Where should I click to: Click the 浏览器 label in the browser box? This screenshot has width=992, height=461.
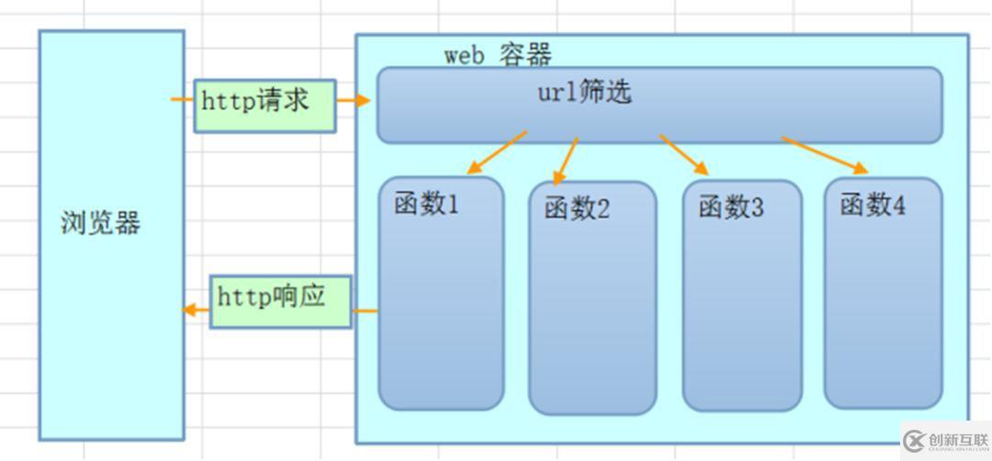click(x=101, y=222)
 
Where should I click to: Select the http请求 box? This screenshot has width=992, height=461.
click(x=265, y=105)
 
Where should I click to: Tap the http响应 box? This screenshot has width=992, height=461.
click(x=281, y=301)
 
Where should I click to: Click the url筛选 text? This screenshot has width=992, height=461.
click(x=584, y=93)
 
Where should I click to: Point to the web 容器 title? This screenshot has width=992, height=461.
click(x=498, y=54)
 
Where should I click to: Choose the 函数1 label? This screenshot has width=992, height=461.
click(x=426, y=204)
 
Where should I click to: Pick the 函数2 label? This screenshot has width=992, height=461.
click(x=577, y=209)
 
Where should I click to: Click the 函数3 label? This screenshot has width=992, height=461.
click(x=731, y=208)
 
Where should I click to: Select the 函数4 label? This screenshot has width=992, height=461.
click(x=873, y=206)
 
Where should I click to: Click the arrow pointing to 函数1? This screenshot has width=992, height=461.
click(x=497, y=152)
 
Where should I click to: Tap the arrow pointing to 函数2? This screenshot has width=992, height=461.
click(x=566, y=161)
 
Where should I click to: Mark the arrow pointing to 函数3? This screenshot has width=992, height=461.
click(x=684, y=154)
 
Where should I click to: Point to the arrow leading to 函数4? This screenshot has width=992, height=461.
click(x=825, y=154)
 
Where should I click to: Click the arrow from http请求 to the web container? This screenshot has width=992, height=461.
click(x=354, y=100)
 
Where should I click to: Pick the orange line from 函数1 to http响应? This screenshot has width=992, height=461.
click(x=366, y=310)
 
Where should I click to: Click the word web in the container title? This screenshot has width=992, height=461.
click(x=465, y=55)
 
